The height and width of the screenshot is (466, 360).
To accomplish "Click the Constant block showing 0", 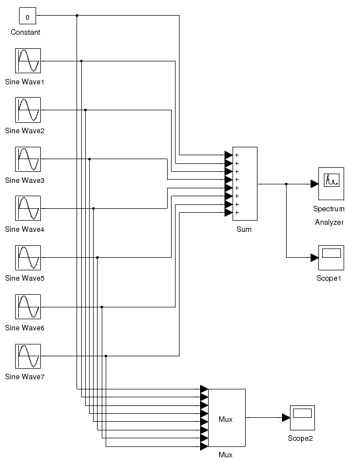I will [x=28, y=16].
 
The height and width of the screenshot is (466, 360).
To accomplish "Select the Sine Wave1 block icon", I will [x=28, y=61].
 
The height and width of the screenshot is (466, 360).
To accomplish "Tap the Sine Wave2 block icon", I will [x=28, y=110].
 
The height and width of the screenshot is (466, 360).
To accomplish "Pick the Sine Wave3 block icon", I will [x=28, y=159].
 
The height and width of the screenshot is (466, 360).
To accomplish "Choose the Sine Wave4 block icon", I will [x=28, y=208].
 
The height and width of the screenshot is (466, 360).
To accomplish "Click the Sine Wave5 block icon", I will [x=28, y=258].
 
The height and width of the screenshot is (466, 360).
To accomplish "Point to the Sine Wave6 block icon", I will [x=28, y=307].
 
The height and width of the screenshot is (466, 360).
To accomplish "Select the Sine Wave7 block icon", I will [x=28, y=356].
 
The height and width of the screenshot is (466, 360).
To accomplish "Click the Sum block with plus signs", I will [x=245, y=184].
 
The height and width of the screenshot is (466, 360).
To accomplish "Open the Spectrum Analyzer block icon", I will [x=330, y=184].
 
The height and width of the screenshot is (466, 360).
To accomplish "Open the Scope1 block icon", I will [x=330, y=258].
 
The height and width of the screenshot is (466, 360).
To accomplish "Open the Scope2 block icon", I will [x=302, y=418].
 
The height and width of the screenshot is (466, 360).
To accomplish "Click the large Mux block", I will [x=226, y=418].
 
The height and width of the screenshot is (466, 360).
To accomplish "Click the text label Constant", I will [x=25, y=32].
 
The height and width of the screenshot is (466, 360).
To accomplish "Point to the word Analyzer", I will [x=329, y=222].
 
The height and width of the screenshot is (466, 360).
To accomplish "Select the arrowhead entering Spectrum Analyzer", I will [x=314, y=184].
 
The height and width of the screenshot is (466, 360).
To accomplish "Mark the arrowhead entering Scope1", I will [x=314, y=258].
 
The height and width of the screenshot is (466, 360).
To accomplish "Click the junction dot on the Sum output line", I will [x=286, y=184].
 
